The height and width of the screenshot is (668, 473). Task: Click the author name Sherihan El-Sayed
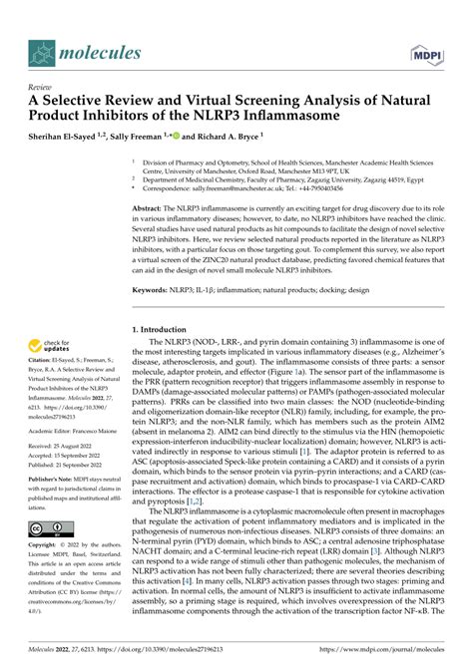(x=63, y=137)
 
